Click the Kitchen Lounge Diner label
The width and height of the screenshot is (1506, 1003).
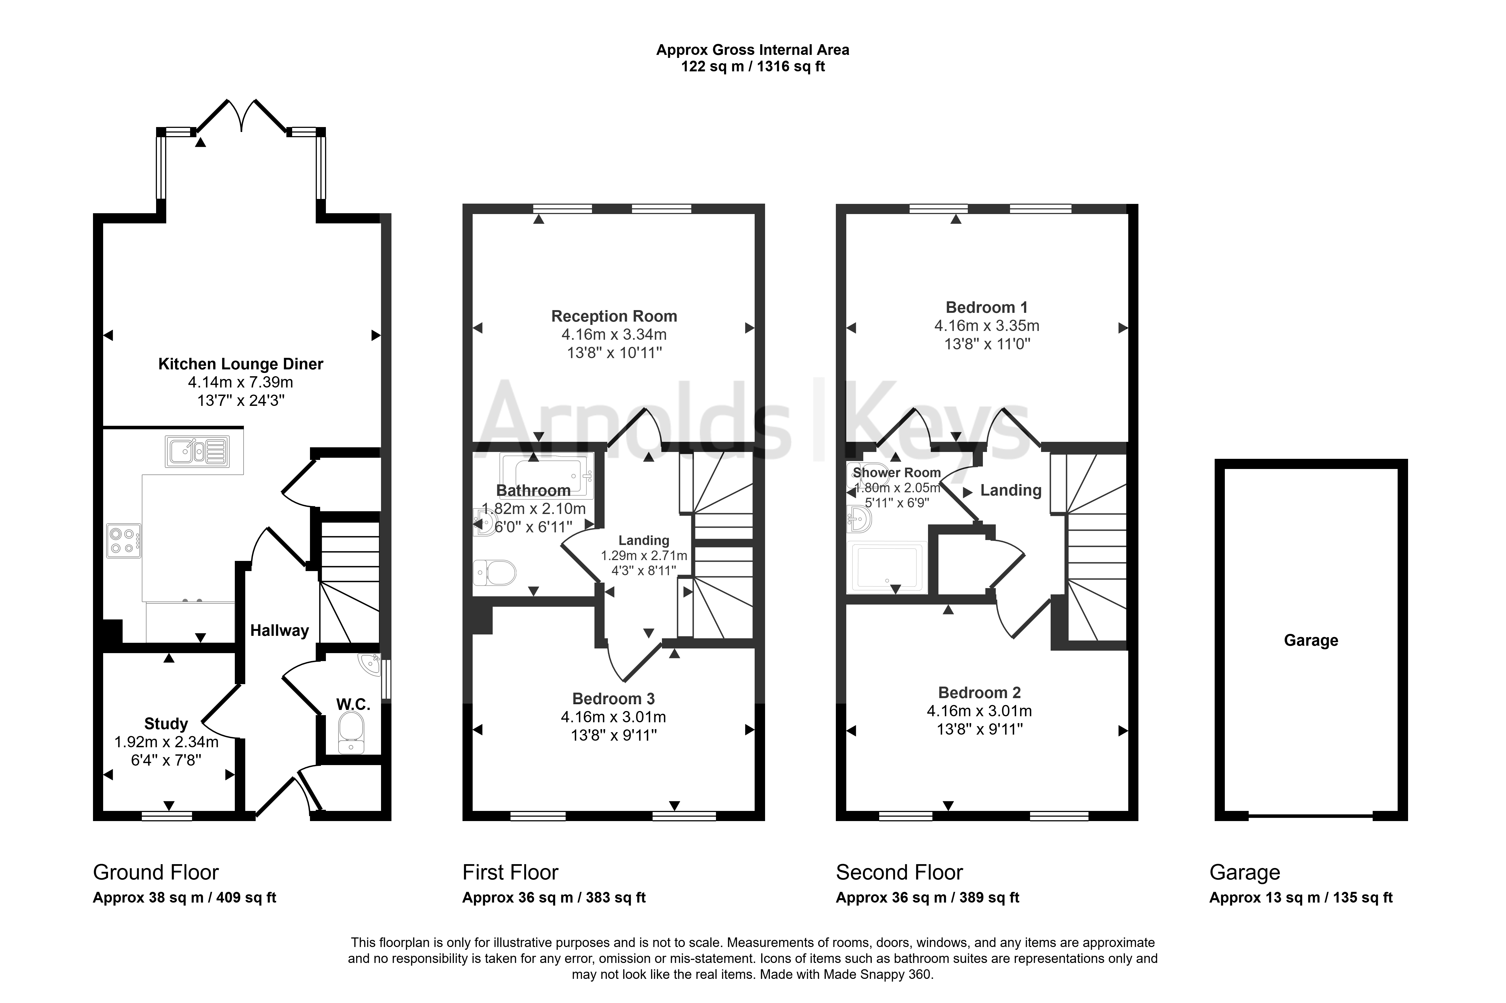[x=241, y=364]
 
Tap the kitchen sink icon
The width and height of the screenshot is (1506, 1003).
[x=197, y=451]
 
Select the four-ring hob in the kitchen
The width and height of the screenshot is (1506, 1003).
[x=123, y=541]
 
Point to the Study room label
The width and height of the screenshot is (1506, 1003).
[x=166, y=723]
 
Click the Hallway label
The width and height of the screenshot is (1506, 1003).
[x=280, y=631]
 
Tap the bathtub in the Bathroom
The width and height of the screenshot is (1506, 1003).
[x=547, y=475]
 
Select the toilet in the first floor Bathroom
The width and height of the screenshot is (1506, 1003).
[x=494, y=572]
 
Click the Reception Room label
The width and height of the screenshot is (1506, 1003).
[x=614, y=316]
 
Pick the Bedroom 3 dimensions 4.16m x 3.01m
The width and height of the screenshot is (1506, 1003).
[x=613, y=717]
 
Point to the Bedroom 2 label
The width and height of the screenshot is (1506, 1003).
[x=979, y=693]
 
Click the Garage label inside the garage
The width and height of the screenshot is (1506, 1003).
[x=1311, y=640]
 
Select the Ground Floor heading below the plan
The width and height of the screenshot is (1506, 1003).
[x=156, y=872]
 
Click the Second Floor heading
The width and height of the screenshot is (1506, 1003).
[x=899, y=872]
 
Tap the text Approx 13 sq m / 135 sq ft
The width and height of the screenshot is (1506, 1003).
[x=1301, y=897]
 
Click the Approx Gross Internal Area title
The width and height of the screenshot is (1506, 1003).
[x=753, y=50]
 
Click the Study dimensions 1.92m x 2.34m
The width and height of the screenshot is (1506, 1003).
[x=166, y=742]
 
